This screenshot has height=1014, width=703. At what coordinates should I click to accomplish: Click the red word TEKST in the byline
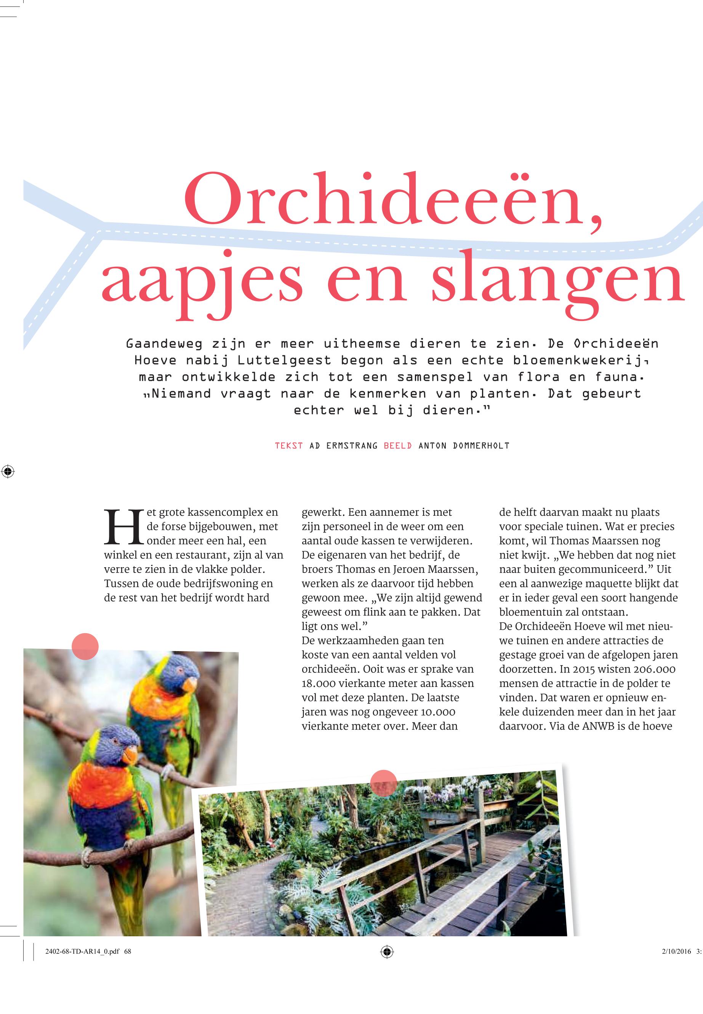click(x=288, y=446)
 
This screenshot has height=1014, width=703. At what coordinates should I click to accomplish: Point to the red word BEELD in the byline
click(x=398, y=446)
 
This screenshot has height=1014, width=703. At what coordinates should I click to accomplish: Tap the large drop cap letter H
click(x=124, y=527)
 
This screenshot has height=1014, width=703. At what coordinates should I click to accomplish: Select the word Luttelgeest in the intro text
click(x=284, y=360)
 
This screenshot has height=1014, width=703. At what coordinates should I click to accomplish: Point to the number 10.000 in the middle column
click(x=438, y=712)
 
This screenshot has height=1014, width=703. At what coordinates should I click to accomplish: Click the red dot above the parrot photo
click(x=85, y=646)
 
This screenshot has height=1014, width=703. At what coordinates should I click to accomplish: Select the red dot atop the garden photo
click(x=384, y=783)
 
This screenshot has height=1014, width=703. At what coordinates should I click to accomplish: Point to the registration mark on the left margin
click(x=8, y=472)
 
